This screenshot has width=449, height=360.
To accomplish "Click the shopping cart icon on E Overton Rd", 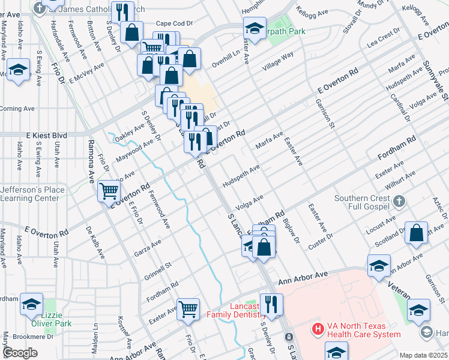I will click(109, 191).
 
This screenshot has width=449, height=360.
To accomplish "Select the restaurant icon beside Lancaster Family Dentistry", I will click(271, 304).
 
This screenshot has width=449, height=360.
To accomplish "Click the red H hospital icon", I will click(318, 329).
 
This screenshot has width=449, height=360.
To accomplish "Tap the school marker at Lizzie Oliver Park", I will click(31, 304).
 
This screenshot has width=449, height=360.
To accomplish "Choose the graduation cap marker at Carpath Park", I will click(255, 28).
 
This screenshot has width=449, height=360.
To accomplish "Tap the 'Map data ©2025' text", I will click(423, 355).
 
